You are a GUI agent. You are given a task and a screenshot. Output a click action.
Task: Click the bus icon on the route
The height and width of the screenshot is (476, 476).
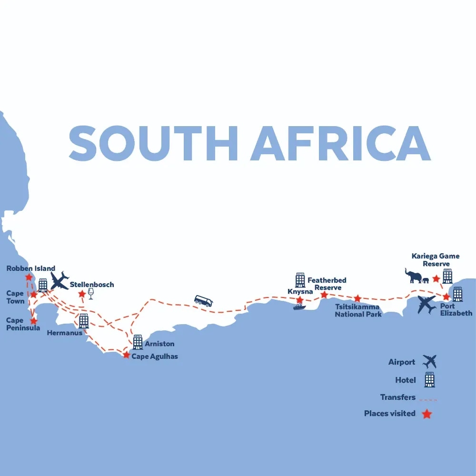[x=203, y=301]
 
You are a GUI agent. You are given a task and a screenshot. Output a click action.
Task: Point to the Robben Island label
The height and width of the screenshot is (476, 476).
[x=31, y=268]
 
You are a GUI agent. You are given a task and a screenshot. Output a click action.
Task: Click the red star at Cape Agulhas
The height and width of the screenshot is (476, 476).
[x=126, y=355]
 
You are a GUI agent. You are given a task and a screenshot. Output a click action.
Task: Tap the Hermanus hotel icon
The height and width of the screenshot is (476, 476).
[x=84, y=321]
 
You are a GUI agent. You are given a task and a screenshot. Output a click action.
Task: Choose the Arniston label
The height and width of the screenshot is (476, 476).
[x=159, y=344]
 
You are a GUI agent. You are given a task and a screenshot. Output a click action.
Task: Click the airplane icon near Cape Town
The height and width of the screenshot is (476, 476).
[x=60, y=280]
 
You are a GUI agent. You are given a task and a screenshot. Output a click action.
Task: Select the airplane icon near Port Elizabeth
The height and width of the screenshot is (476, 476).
[x=426, y=305]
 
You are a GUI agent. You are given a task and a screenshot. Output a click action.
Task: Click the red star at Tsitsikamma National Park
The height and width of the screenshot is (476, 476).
[x=357, y=298]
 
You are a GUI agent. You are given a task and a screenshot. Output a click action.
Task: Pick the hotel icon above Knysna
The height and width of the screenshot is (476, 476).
[x=300, y=280]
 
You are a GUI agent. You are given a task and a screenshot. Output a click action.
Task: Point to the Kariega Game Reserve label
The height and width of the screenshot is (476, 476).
[x=436, y=260]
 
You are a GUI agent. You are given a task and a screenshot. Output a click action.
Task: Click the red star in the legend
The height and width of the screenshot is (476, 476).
[x=427, y=414]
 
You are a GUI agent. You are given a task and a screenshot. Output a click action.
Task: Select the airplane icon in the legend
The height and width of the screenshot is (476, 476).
[x=430, y=362]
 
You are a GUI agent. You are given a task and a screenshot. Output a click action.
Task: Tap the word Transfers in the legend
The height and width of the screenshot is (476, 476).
[x=398, y=397]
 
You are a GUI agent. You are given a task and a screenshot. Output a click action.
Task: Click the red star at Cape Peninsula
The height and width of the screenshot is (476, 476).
[x=33, y=321]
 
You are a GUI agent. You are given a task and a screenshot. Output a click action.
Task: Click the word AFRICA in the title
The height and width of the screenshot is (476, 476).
[x=340, y=143]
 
